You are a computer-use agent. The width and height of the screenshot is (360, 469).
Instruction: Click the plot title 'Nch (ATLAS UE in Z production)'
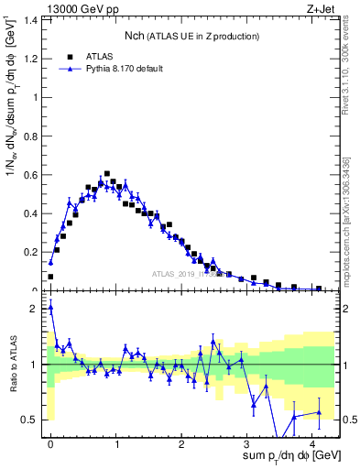click(x=191, y=36)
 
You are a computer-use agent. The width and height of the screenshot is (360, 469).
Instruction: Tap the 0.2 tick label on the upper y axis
click(x=30, y=252)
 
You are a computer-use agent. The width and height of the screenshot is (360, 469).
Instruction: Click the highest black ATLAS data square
click(x=107, y=173)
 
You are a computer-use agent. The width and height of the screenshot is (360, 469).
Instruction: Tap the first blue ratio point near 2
click(x=50, y=308)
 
